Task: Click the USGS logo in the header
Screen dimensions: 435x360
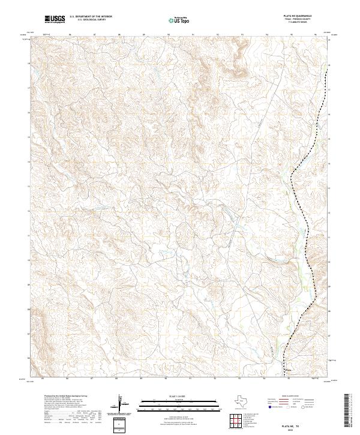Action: point(55,19)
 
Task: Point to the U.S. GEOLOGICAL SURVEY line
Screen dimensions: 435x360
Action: point(90,20)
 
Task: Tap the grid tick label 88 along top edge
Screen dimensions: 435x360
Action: point(119,35)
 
